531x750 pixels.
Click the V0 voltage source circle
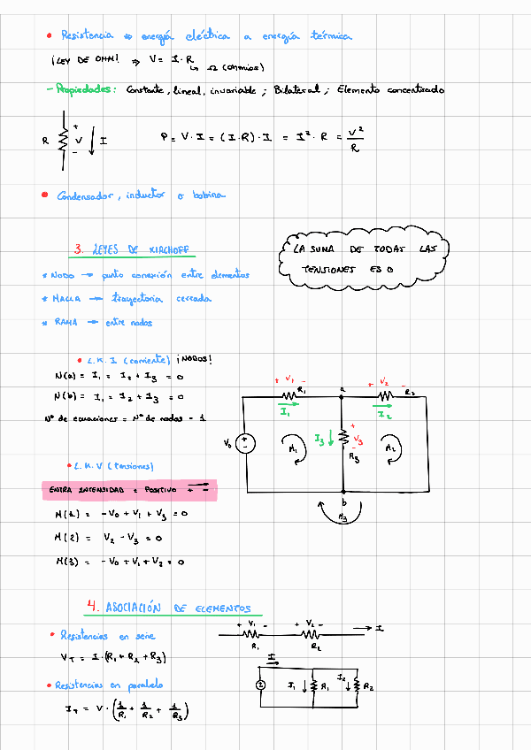[x=246, y=444]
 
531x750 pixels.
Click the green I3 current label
[x=320, y=438]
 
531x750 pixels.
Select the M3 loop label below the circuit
[x=343, y=518]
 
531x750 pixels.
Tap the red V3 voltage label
[x=358, y=439]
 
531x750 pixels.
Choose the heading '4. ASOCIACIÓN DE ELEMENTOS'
[x=168, y=608]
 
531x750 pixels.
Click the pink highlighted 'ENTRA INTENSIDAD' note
[x=129, y=488]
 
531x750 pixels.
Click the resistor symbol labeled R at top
[x=62, y=139]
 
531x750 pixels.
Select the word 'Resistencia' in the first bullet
[x=87, y=35]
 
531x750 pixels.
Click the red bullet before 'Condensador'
[x=44, y=195]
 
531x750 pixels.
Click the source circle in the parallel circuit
[x=261, y=685]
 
